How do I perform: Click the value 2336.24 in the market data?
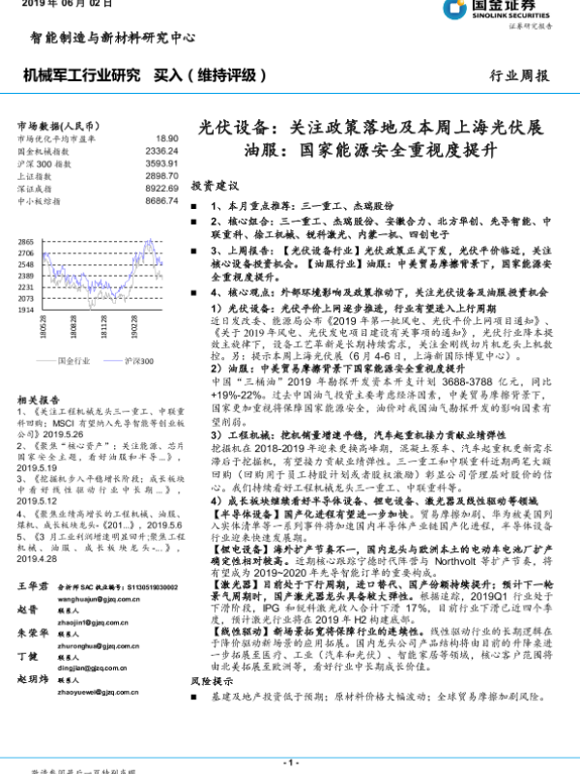pyautogui.click(x=161, y=152)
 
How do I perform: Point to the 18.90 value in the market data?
pyautogui.click(x=167, y=139)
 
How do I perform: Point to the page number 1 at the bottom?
pyautogui.click(x=291, y=763)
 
